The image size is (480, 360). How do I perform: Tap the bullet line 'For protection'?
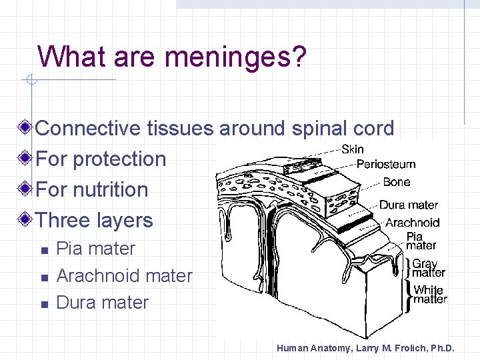pos(101,159)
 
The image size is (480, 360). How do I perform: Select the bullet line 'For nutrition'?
pos(92,189)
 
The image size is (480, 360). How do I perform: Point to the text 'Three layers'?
pos(94,221)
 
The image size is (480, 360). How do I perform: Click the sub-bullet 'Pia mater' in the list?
pos(96,249)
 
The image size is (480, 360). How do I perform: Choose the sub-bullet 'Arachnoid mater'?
pos(125,275)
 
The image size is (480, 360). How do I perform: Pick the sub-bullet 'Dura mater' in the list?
pos(103,303)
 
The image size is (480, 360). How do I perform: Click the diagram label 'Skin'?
pos(353,149)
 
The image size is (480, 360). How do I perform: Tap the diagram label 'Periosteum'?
pos(386,164)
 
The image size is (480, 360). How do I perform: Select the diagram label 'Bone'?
pos(397,182)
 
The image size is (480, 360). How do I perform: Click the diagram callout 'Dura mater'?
pos(409,205)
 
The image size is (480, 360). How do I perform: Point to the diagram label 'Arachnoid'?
pos(413,223)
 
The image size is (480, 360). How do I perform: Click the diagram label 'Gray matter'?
pos(429,268)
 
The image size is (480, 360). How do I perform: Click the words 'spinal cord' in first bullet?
pos(341,128)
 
